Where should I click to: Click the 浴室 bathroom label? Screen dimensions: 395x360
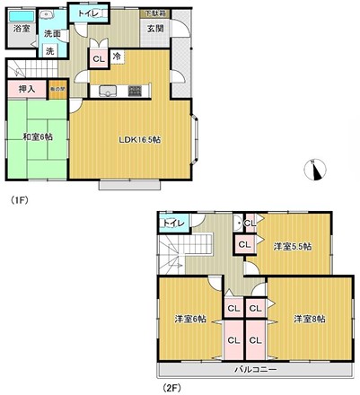tap(20, 30)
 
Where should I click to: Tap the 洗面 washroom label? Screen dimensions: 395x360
tap(52, 34)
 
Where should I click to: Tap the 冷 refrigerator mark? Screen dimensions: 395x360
tap(118, 55)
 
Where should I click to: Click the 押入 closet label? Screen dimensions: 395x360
tap(26, 89)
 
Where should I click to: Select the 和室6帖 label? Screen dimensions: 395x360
tap(39, 136)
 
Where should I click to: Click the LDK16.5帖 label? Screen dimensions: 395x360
tap(140, 139)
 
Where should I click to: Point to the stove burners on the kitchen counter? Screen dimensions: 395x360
tap(135, 90)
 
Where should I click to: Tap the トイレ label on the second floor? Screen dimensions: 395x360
tap(174, 222)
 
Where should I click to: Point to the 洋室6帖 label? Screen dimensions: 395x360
tap(190, 319)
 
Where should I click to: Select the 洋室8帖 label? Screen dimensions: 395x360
tap(309, 319)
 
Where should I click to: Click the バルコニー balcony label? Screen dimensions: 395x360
tap(256, 370)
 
